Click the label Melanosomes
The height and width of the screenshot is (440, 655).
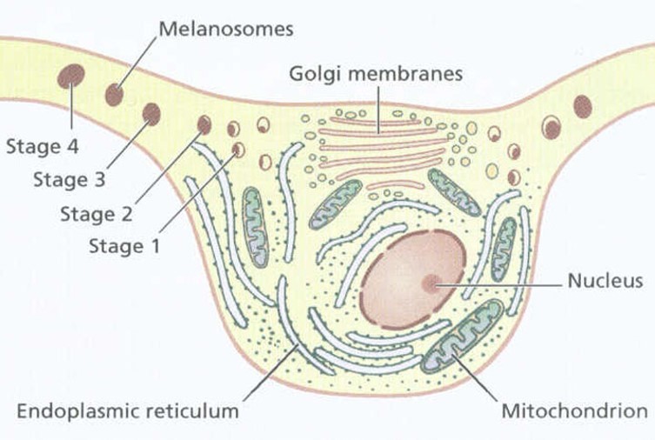(225, 29)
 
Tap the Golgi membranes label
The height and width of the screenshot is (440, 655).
(375, 74)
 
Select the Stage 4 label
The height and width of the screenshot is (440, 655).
(42, 146)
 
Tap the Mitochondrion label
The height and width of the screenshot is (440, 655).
(575, 411)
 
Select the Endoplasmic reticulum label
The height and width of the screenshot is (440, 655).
(127, 411)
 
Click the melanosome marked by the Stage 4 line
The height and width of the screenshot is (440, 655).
(70, 77)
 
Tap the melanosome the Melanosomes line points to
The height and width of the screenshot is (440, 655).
(115, 94)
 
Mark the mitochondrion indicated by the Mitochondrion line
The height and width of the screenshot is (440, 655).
(462, 336)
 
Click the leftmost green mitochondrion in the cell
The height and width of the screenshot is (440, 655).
(256, 226)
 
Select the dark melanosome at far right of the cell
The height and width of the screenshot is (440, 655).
(583, 106)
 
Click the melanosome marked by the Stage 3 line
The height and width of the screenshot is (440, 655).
(151, 114)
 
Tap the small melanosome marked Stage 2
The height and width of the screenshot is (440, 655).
(204, 124)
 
